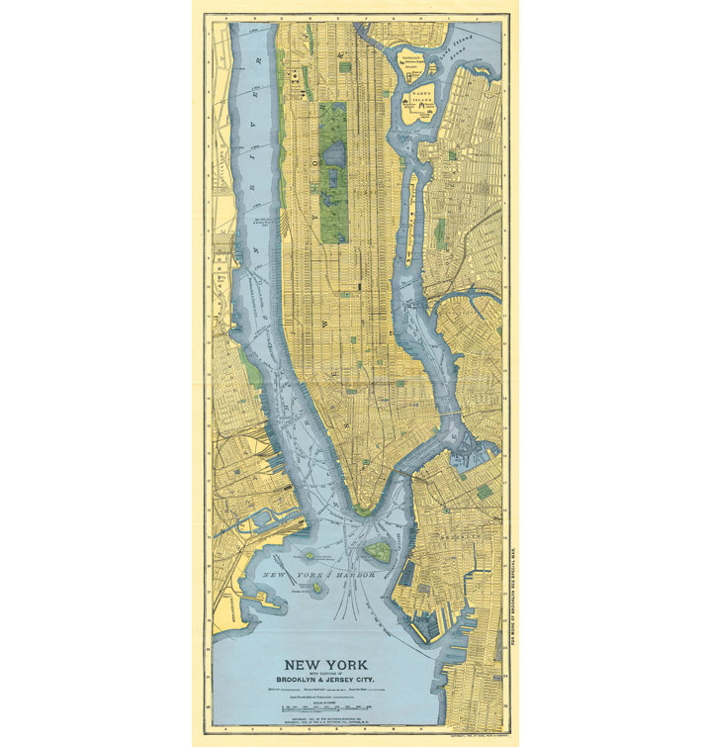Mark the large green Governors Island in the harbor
(x=377, y=551)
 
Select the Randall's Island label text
(x=411, y=58)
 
